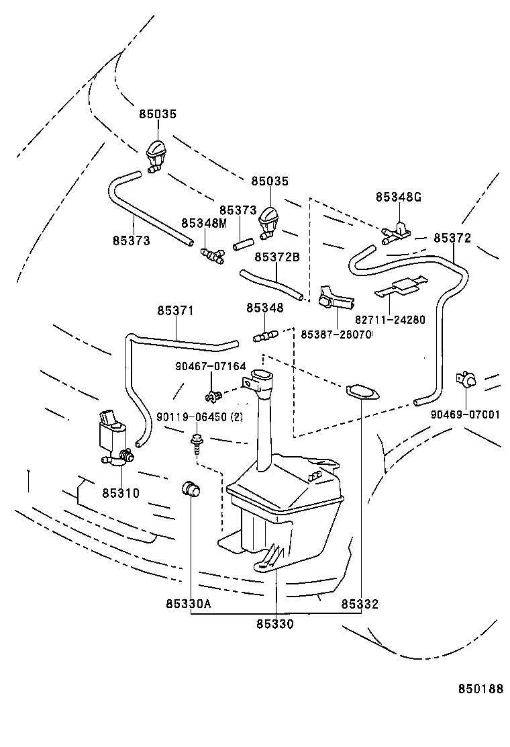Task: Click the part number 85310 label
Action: coord(121,493)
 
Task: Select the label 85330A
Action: coord(189,604)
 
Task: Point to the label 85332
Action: coord(360,604)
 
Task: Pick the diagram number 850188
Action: coord(480,689)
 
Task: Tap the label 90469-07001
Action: coord(465,414)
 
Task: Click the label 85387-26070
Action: coord(336,334)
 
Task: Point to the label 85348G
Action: coord(398,197)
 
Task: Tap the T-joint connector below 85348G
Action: coord(397,232)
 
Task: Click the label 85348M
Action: coord(204,223)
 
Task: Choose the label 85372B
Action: coord(276,257)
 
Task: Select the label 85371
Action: coord(176,310)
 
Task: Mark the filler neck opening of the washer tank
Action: coord(260,376)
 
